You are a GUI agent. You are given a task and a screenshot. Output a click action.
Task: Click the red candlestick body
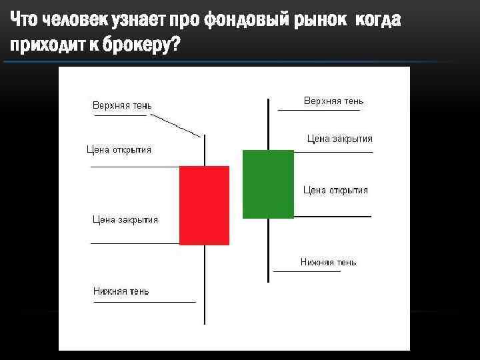pyautogui.click(x=204, y=205)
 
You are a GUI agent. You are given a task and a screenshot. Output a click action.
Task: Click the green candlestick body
pyautogui.click(x=268, y=184)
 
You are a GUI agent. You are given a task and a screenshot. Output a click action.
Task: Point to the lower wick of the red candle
pyautogui.click(x=205, y=283)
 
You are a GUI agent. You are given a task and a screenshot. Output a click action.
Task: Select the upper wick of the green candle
pyautogui.click(x=268, y=124)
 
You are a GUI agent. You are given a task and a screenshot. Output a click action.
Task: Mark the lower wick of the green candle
pyautogui.click(x=268, y=249)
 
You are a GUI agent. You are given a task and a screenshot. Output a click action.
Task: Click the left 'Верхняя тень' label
pyautogui.click(x=122, y=105)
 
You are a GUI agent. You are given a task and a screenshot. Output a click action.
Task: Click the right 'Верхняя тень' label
pyautogui.click(x=333, y=101)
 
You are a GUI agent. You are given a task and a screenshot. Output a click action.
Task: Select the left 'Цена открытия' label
pyautogui.click(x=119, y=149)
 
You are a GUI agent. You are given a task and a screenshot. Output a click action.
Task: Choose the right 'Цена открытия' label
pyautogui.click(x=335, y=190)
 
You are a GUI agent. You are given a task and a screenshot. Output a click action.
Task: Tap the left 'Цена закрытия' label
pyautogui.click(x=125, y=219)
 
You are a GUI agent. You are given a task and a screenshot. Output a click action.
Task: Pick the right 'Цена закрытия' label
pyautogui.click(x=339, y=139)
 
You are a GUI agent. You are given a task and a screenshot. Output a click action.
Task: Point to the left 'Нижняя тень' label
pyautogui.click(x=121, y=291)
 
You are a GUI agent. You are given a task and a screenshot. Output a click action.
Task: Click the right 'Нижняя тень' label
pyautogui.click(x=328, y=262)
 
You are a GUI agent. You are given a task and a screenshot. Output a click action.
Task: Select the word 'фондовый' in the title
pyautogui.click(x=245, y=21)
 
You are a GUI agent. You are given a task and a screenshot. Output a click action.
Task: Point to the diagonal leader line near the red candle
pyautogui.click(x=175, y=125)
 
